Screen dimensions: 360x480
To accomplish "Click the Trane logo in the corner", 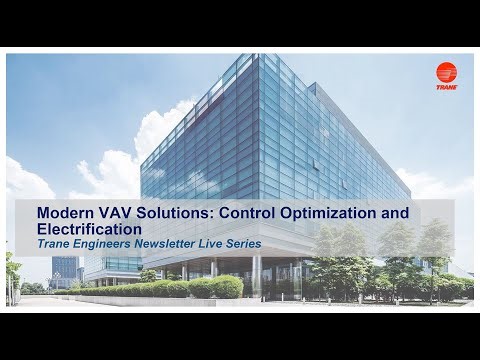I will click(446, 75).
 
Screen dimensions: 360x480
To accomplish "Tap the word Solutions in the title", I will click(176, 213).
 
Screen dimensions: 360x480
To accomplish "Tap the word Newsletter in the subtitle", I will click(170, 243).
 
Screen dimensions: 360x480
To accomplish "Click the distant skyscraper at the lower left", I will click(64, 268).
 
